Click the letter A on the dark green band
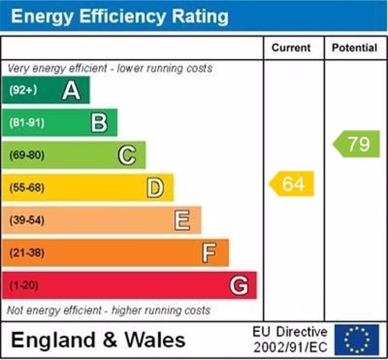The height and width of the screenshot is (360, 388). tap(71, 90)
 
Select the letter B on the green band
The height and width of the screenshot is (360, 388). tap(99, 123)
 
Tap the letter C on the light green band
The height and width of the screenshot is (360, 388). tap(127, 156)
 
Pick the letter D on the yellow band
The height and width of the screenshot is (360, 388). tap(155, 188)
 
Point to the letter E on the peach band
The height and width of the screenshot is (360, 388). tap(183, 221)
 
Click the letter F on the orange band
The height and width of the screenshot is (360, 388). tap(210, 253)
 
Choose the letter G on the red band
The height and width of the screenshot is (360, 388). tap(239, 285)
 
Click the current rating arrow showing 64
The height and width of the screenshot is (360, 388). tap(292, 184)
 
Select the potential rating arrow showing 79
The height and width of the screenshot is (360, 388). tap(357, 144)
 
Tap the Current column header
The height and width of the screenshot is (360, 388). tap(291, 48)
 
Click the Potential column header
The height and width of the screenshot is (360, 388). tap(355, 48)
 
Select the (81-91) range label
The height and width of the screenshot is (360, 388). tap(26, 123)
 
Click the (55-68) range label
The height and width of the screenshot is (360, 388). tap(26, 188)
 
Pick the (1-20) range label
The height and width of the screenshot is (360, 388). tap(23, 285)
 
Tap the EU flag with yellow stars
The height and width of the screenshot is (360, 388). tap(356, 339)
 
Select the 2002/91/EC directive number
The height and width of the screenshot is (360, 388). tap(290, 347)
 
